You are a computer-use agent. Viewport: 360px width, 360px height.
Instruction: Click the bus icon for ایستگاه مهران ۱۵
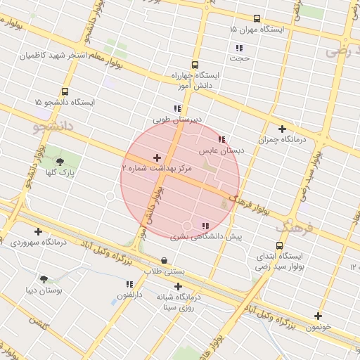point(257,19)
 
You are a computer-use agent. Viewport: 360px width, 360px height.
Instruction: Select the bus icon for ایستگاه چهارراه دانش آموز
point(195,65)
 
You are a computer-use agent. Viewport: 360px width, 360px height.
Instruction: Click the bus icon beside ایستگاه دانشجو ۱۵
point(65,91)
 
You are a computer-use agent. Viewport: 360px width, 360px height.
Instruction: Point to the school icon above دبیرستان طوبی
point(177,109)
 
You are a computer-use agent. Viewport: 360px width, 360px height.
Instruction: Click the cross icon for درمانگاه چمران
point(282,129)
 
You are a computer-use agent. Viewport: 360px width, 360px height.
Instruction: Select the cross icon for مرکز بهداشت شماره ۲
point(156,158)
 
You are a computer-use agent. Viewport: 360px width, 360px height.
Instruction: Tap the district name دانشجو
point(53,127)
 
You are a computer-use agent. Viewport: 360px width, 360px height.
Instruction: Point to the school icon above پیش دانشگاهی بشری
point(205,226)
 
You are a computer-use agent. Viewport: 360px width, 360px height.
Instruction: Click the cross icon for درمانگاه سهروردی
point(38,231)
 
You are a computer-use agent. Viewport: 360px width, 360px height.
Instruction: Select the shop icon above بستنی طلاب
point(165,260)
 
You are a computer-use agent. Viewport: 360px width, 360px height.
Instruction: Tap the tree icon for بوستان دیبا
point(44,279)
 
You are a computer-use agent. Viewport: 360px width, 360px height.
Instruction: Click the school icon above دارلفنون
point(129,284)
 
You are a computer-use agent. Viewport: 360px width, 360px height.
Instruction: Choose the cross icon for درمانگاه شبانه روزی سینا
point(178,286)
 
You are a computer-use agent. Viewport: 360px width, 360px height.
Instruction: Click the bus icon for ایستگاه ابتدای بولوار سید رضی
point(280,246)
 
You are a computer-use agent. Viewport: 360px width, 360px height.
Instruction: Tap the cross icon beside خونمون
point(318,316)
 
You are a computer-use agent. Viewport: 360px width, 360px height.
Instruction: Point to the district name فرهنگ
point(292,227)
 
